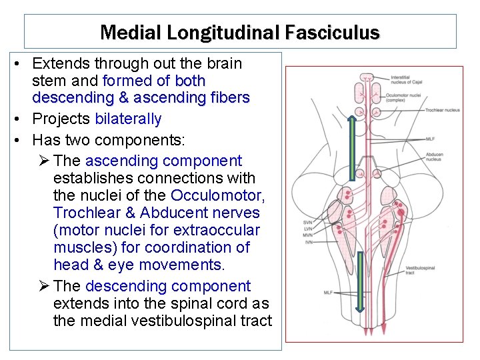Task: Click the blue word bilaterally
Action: [x=128, y=119]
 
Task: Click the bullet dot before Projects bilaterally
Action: [x=22, y=119]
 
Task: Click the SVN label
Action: [x=307, y=222]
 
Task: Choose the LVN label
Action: [x=307, y=229]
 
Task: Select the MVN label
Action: [x=307, y=235]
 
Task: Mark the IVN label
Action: [x=307, y=242]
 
